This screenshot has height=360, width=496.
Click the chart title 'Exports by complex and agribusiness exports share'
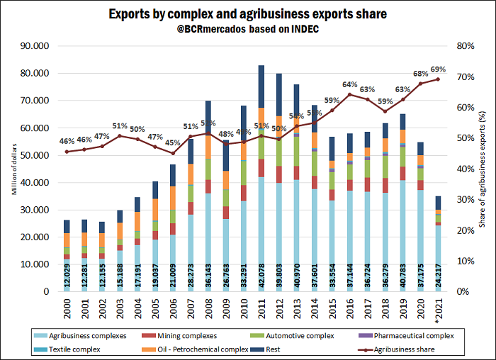pyautogui.click(x=248, y=14)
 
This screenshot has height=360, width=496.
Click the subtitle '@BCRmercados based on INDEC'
pyautogui.click(x=248, y=30)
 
